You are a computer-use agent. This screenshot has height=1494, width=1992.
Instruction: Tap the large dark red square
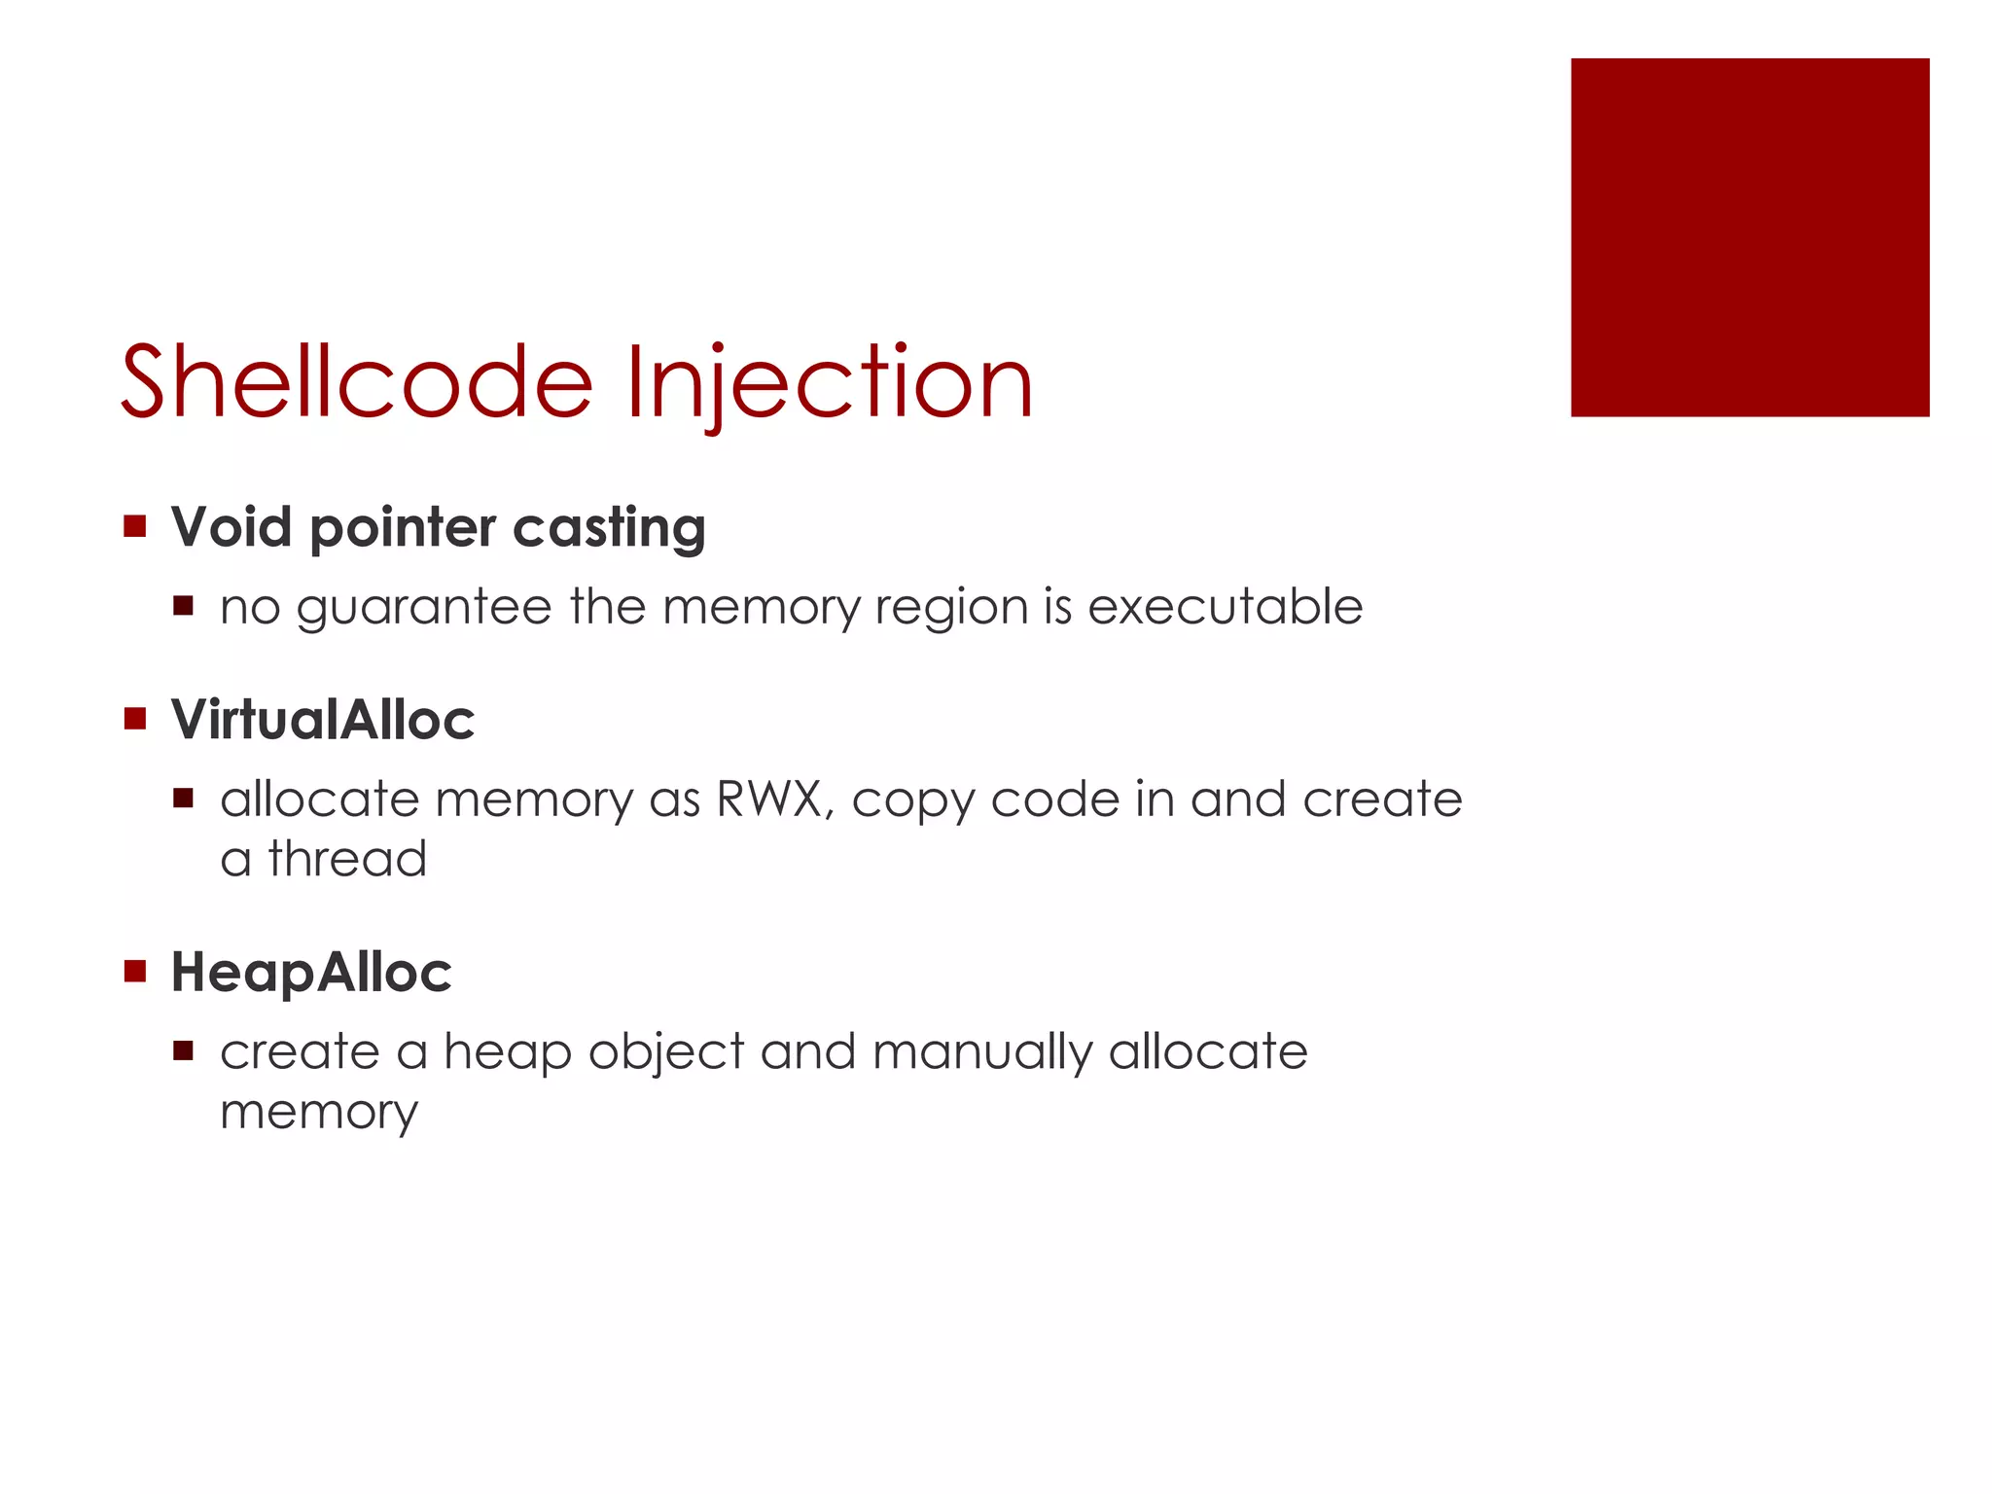(1749, 237)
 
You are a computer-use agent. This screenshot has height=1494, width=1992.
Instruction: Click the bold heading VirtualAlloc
(323, 720)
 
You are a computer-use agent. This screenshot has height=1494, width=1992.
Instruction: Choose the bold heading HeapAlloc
(311, 973)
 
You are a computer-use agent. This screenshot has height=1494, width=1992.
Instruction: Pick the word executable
(1225, 607)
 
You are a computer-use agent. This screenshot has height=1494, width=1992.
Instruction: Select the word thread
(347, 859)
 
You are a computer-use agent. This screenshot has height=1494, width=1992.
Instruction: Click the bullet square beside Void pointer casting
(135, 527)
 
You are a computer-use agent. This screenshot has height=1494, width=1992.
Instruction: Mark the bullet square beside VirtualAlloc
(135, 720)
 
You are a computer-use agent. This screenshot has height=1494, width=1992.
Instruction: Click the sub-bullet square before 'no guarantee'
(184, 607)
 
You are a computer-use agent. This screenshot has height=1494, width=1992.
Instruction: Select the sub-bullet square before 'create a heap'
(184, 1051)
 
